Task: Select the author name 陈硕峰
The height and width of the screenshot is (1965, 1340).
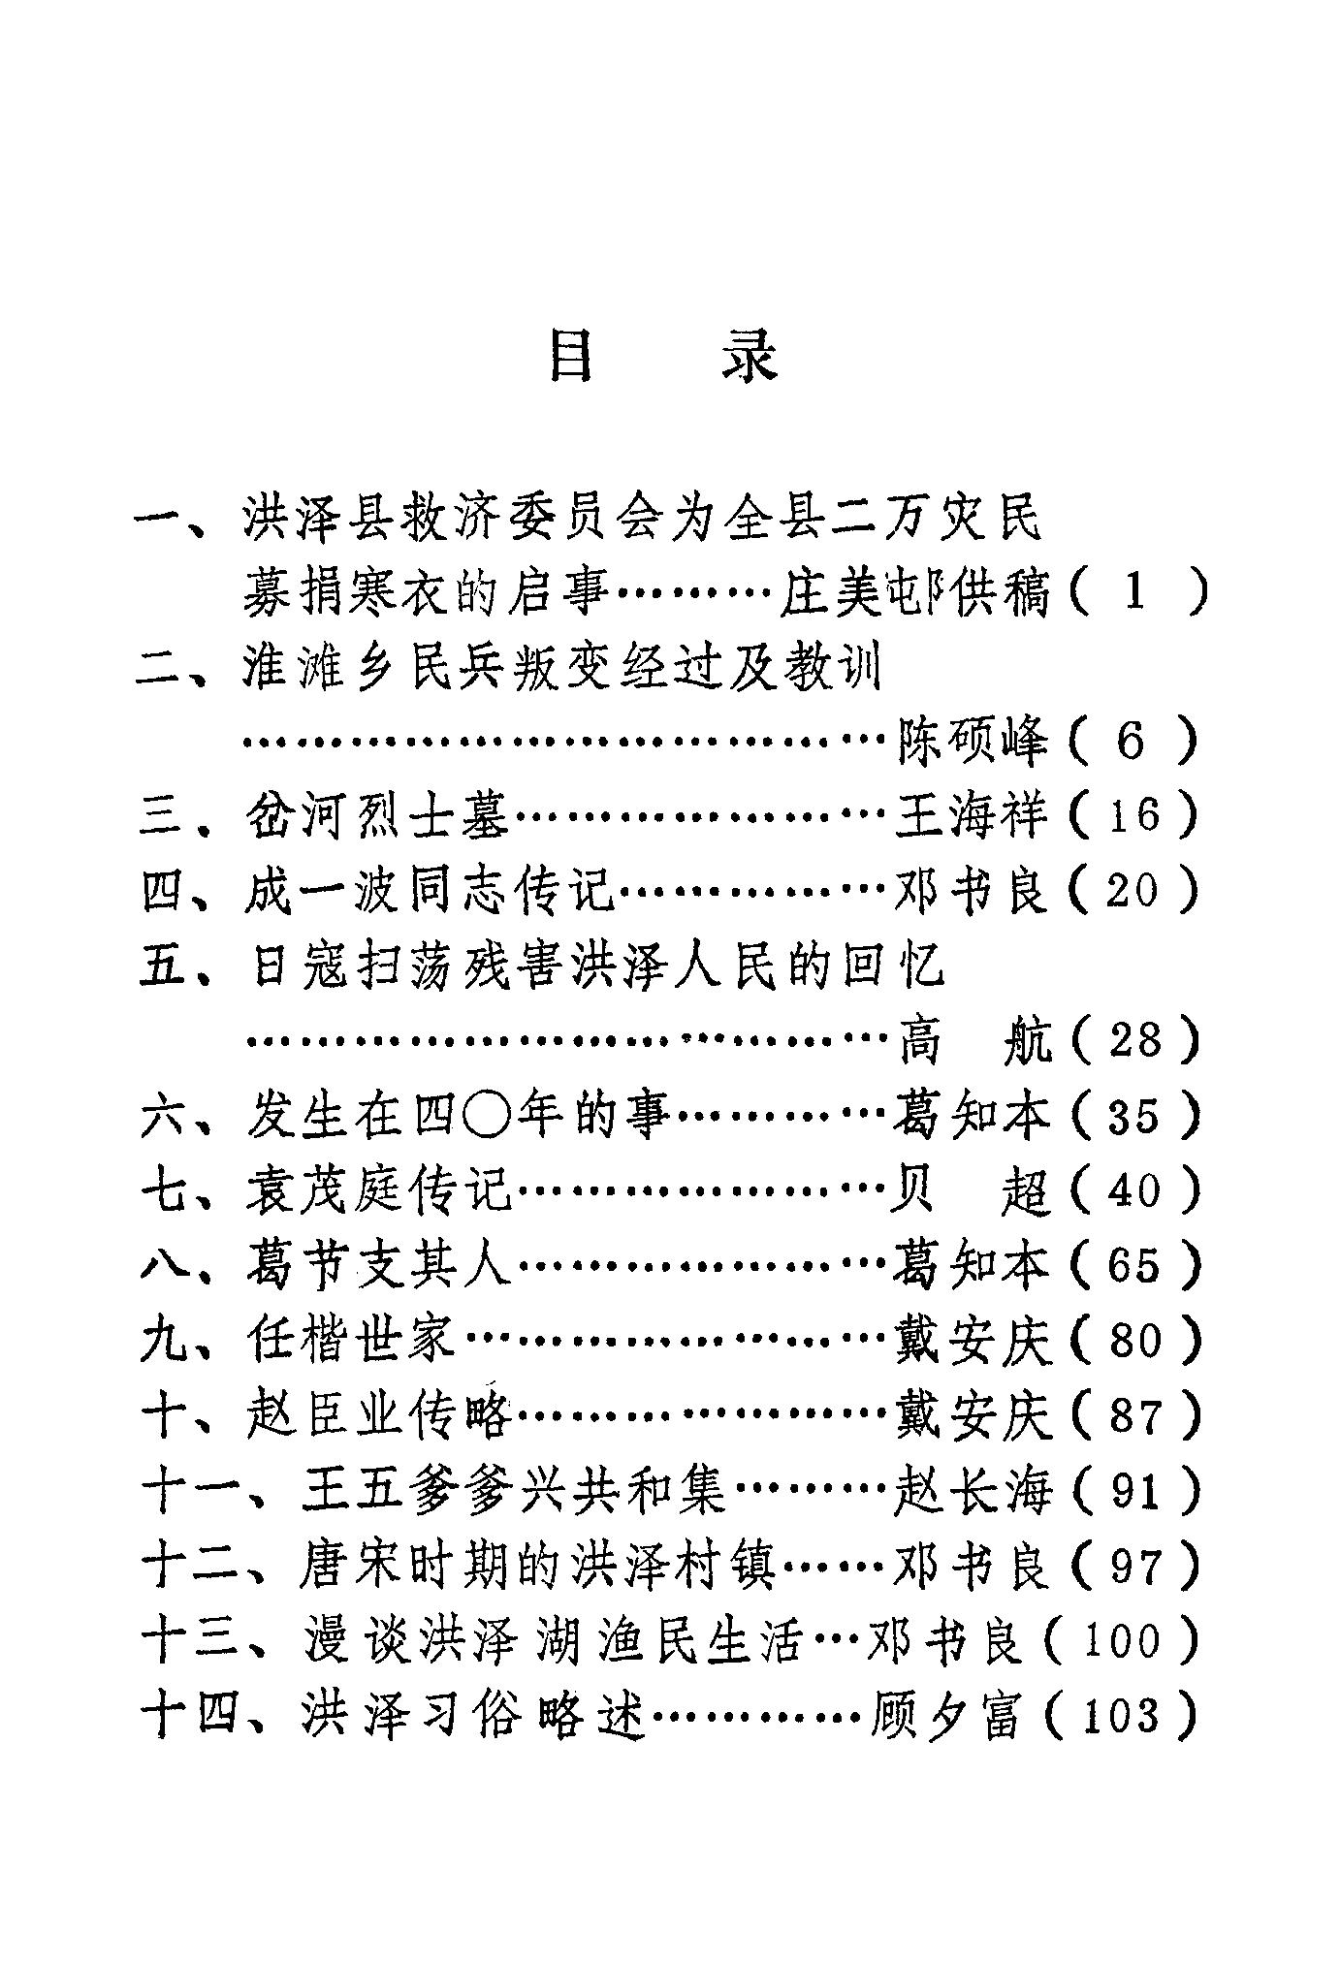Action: click(973, 742)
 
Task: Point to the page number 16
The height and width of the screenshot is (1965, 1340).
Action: click(1133, 816)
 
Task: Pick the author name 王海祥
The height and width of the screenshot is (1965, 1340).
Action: click(973, 816)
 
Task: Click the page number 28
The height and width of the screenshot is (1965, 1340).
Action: click(1134, 1041)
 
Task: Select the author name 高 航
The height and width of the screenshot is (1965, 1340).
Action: click(973, 1041)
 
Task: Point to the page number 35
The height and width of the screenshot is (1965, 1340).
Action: click(1134, 1116)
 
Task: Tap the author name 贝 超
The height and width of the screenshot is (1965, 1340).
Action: click(973, 1190)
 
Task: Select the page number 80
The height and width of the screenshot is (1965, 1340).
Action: click(1134, 1341)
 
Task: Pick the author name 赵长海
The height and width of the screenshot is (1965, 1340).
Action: click(973, 1491)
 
